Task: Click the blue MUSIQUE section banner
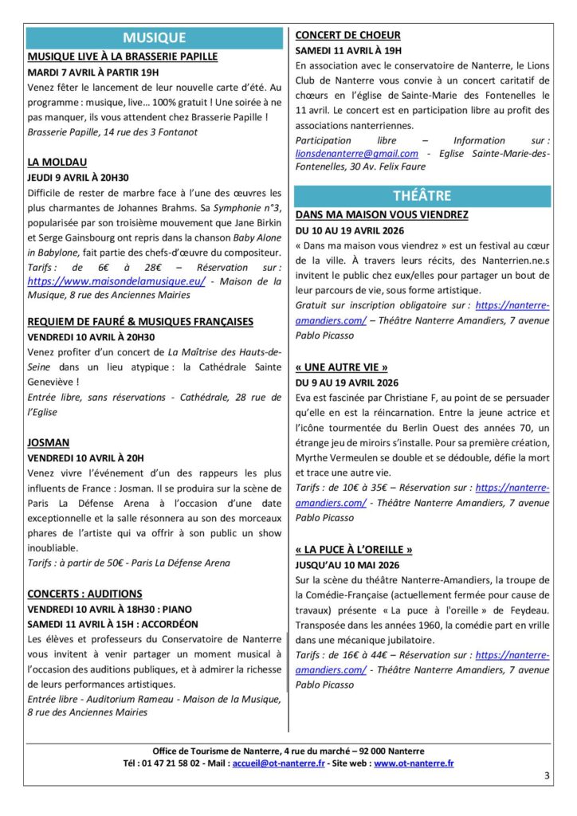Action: click(155, 37)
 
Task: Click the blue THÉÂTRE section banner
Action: click(422, 196)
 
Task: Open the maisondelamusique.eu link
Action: click(116, 280)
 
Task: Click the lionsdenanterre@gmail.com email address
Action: click(357, 153)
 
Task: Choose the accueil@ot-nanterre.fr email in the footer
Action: click(278, 763)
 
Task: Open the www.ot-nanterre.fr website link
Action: click(414, 763)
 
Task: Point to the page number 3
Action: click(547, 775)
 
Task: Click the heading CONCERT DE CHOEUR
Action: click(348, 35)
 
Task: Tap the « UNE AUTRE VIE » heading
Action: click(342, 367)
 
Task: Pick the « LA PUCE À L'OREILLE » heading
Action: click(354, 549)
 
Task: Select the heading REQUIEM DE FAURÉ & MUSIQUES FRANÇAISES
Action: click(140, 321)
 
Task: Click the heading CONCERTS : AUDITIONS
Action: click(85, 594)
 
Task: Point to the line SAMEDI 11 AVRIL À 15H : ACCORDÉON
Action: click(112, 624)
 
